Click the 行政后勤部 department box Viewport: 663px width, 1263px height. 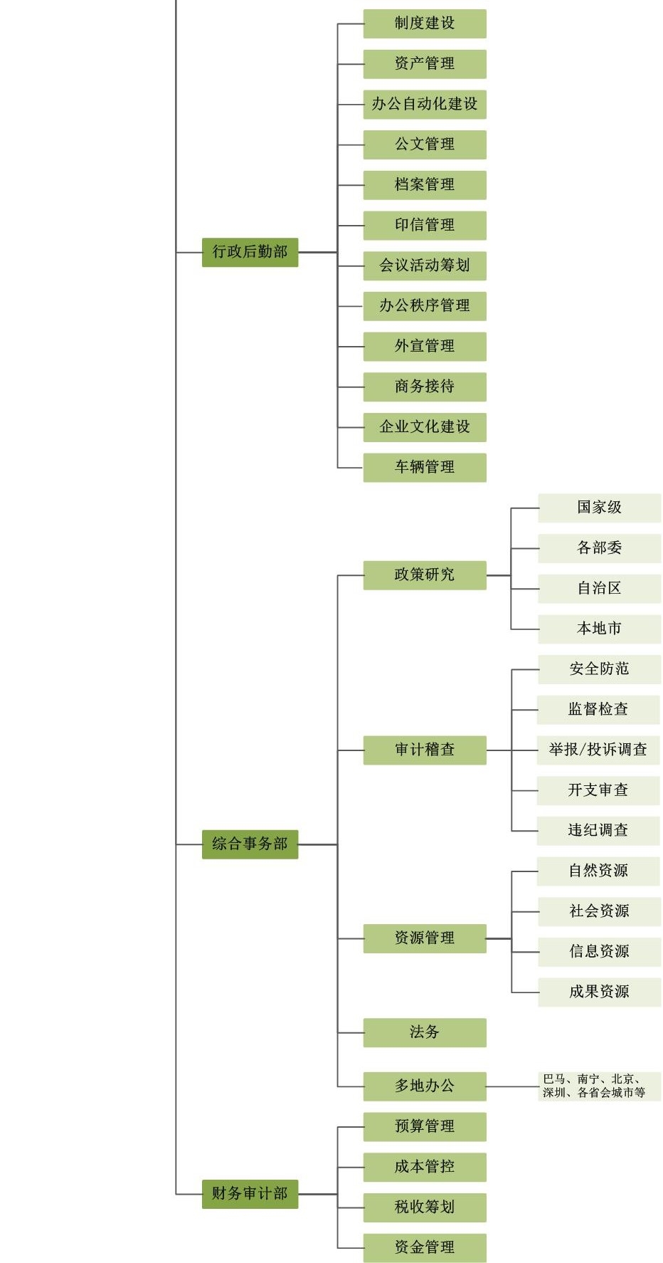(x=250, y=252)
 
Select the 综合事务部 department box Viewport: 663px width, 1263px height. (x=250, y=844)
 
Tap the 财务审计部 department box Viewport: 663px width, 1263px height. (x=250, y=1193)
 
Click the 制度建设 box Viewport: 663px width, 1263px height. (x=425, y=23)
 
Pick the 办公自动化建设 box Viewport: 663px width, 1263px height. (x=425, y=104)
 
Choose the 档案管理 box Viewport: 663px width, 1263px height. (x=425, y=185)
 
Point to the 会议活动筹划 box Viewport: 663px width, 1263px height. (x=425, y=266)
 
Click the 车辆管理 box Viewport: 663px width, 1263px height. (x=425, y=467)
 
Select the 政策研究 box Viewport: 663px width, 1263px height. (x=425, y=575)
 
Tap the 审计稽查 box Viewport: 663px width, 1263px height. (x=425, y=750)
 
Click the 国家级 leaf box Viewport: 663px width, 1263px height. (x=599, y=508)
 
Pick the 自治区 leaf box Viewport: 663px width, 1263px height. (x=599, y=588)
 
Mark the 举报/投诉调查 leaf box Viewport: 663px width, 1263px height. (x=598, y=750)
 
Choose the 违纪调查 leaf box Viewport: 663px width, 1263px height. (x=598, y=830)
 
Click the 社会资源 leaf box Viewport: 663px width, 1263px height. (x=599, y=911)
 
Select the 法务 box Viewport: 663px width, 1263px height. (x=425, y=1032)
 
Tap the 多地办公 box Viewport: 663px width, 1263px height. (x=425, y=1086)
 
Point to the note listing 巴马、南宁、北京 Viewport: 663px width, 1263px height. (x=599, y=1086)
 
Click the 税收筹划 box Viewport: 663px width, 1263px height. (x=425, y=1207)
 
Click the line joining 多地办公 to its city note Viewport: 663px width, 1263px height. (x=512, y=1086)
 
